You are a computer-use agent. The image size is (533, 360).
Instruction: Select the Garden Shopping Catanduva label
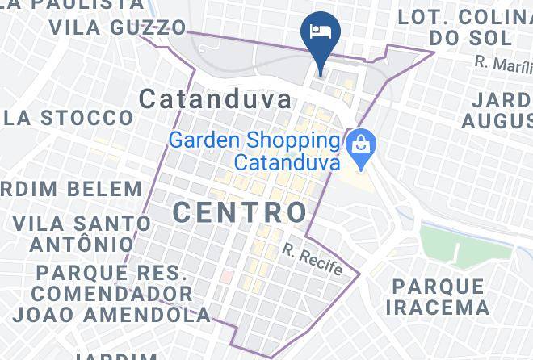(255, 150)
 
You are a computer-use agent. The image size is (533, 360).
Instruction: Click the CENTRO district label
(240, 212)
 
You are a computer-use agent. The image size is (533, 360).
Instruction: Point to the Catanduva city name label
(215, 100)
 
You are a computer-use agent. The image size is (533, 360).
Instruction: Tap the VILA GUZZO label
(118, 27)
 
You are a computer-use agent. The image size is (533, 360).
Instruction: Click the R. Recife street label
(313, 260)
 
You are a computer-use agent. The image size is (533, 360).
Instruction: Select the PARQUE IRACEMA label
(438, 297)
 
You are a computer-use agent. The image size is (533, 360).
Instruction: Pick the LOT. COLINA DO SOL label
(460, 27)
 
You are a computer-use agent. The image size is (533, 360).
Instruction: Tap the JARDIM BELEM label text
(71, 190)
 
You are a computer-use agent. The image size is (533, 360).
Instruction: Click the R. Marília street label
(502, 61)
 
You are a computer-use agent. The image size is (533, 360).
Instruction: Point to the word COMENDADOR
(112, 292)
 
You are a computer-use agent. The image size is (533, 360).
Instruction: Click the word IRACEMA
(438, 308)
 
